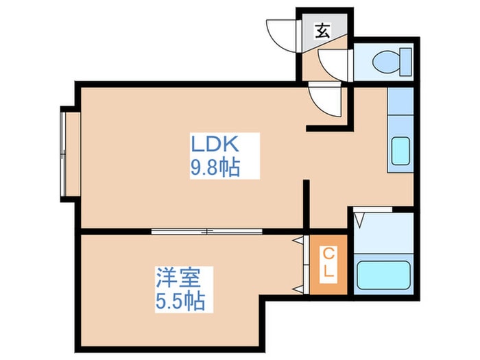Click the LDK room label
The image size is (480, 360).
(x=215, y=144)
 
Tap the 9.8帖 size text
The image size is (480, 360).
(x=215, y=167)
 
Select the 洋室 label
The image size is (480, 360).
(x=178, y=278)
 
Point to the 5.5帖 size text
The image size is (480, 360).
(x=180, y=301)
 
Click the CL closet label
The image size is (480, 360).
(x=328, y=263)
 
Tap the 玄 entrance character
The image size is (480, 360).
(x=322, y=30)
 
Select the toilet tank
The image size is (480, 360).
(x=406, y=62)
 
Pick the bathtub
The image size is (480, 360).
(x=383, y=275)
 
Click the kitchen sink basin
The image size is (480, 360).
(x=400, y=151)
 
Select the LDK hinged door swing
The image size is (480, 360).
(x=326, y=101)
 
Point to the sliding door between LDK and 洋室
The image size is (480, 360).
(x=207, y=231)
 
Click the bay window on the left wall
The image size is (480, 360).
(x=63, y=154)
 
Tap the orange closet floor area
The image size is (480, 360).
(x=328, y=265)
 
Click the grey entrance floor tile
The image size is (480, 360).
(x=324, y=29)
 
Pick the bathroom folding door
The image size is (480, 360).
(x=372, y=210)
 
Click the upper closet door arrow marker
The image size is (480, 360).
(x=298, y=241)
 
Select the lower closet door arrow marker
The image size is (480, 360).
(x=298, y=289)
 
